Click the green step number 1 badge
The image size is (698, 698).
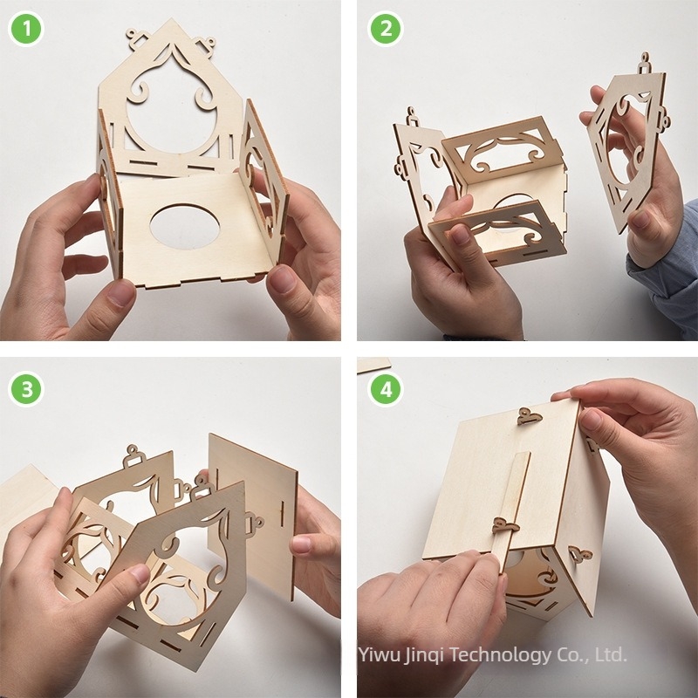[x=26, y=28]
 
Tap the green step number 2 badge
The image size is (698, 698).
[x=384, y=28]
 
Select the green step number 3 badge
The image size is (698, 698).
[x=26, y=389]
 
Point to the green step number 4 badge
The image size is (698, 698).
[x=384, y=389]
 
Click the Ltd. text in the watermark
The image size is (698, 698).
[x=610, y=654]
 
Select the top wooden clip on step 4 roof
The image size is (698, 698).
[x=529, y=417]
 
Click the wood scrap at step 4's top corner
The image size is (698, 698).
[x=373, y=365]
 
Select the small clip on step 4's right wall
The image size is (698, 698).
[x=579, y=553]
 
